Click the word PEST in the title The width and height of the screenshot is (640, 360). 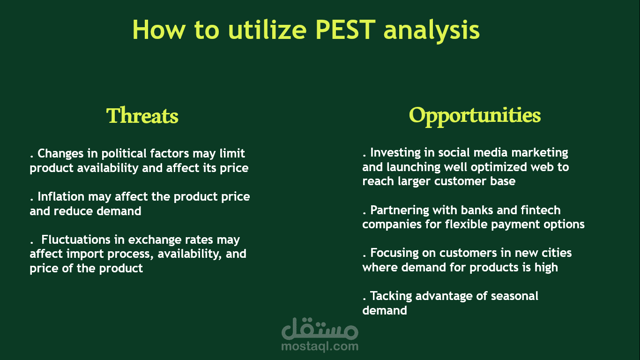pos(345,30)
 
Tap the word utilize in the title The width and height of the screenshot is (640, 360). pos(268,30)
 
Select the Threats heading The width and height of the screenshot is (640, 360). pos(142,115)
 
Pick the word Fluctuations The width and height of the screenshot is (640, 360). pos(76,240)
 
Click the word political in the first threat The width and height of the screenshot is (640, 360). pos(124,154)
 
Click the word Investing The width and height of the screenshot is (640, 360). pos(395,153)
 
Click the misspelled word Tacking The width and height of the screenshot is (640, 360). pos(391,296)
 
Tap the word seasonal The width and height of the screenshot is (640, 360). pos(514,296)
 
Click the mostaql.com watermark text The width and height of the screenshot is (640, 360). pos(320,346)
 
